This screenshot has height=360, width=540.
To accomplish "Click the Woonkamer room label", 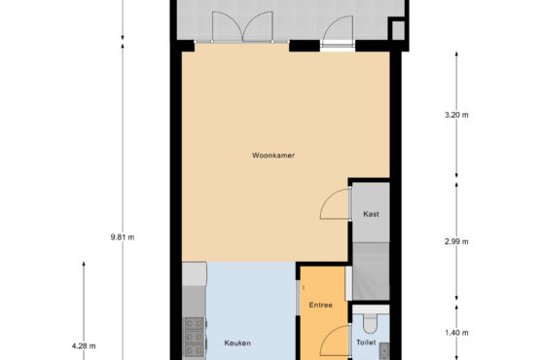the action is point(273,156).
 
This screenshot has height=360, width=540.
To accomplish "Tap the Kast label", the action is point(371,214).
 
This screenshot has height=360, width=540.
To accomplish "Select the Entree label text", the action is point(321,305).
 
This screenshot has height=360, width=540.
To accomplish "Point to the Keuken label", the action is point(237,342).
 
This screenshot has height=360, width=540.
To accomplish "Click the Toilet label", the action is point(366,342).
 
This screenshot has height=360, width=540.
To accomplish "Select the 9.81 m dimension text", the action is point(123,237).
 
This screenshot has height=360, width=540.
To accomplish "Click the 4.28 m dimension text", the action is point(84,345).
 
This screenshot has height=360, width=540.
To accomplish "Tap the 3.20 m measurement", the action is point(456,115).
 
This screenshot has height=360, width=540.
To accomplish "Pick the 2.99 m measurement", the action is point(456,241).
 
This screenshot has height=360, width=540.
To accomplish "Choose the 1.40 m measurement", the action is point(456,333).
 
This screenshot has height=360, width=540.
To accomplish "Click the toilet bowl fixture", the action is point(371,323).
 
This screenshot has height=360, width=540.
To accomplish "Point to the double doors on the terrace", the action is point(242,26).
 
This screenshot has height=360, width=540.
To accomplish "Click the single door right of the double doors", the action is point(338,29).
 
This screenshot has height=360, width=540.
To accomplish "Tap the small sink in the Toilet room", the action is point(384,350).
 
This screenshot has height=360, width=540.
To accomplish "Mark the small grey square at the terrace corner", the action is point(399,30).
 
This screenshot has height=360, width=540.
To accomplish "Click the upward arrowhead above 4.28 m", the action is point(84,265).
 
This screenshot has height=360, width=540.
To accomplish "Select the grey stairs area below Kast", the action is point(371,271).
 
